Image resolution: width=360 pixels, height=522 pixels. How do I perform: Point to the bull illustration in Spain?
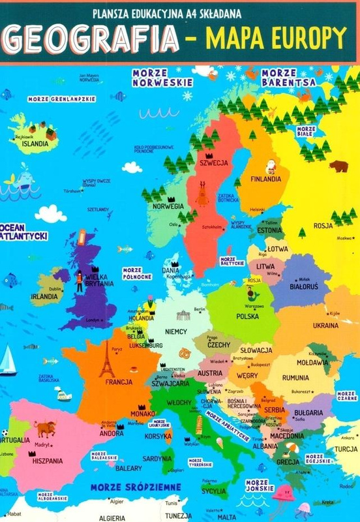[x=46, y=428]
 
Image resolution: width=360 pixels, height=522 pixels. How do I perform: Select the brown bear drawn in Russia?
[x=338, y=166]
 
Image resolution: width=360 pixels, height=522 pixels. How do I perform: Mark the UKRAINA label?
[x=325, y=324]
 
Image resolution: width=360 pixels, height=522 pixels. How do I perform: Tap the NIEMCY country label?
[x=177, y=331]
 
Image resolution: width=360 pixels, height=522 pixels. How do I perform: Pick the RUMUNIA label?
[x=295, y=378]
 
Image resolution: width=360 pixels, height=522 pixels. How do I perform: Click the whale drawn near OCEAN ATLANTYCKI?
[x=23, y=177]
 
